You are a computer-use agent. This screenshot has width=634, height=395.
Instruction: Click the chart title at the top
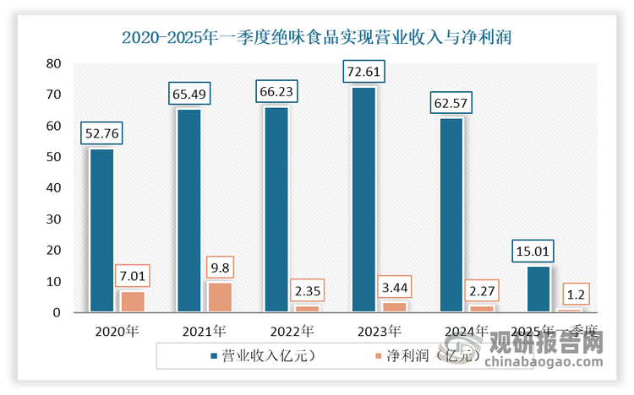(317, 37)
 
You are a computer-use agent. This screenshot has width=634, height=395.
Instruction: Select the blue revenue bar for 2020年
(101, 230)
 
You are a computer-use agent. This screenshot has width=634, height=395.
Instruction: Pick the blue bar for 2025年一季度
(538, 289)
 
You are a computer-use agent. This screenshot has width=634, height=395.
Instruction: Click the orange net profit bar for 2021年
(219, 297)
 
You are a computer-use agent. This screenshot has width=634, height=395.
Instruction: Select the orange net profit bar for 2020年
(132, 301)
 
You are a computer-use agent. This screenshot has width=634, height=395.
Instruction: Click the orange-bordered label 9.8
(219, 268)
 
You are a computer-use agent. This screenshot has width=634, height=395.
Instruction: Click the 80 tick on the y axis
(53, 63)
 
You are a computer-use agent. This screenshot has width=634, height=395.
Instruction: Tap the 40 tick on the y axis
(53, 188)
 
